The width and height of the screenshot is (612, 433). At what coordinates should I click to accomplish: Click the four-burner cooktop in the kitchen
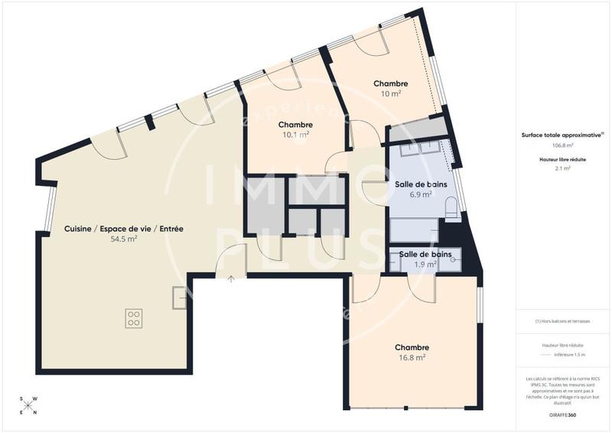click(133, 317)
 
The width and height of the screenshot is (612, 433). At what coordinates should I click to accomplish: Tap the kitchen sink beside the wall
click(178, 298)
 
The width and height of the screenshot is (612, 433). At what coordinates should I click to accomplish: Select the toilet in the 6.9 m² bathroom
click(451, 207)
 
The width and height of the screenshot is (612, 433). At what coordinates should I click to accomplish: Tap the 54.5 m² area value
click(124, 239)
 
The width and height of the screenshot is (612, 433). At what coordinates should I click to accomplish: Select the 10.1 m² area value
click(295, 135)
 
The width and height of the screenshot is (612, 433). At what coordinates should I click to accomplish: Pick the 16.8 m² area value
click(412, 356)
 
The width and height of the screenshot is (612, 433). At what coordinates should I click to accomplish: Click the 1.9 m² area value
click(425, 264)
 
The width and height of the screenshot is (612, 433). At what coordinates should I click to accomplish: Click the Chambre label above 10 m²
click(390, 83)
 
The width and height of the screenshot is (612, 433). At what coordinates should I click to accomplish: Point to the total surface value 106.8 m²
click(563, 145)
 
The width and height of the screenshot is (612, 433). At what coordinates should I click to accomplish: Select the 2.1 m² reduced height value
click(563, 168)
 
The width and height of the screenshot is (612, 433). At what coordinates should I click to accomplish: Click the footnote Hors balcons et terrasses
click(563, 321)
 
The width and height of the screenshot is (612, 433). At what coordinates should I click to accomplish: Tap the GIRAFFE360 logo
click(563, 415)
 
